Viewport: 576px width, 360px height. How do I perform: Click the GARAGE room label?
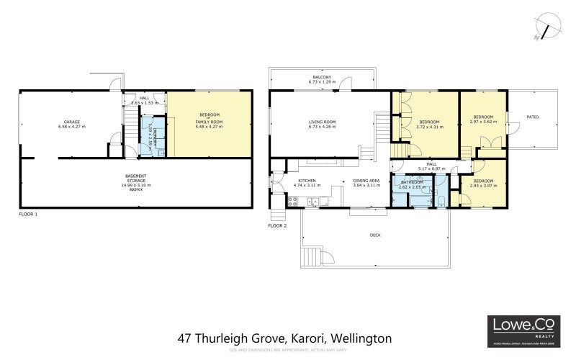(x=71, y=121)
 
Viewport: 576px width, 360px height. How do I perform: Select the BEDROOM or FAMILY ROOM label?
(x=210, y=119)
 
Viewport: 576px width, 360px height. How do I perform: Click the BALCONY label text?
(x=321, y=77)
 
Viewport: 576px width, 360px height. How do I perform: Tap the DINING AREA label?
(x=366, y=181)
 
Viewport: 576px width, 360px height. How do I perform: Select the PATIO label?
(x=532, y=117)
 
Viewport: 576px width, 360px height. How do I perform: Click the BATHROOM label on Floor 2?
(x=413, y=182)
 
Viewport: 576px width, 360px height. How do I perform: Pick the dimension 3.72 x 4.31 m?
(x=429, y=126)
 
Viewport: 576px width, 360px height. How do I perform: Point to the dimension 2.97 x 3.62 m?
(x=483, y=122)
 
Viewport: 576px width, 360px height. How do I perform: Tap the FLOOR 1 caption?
(x=28, y=215)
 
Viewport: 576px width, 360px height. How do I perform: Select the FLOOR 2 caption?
(x=277, y=225)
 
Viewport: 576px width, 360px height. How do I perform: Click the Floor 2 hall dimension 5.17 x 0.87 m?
(x=432, y=168)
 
